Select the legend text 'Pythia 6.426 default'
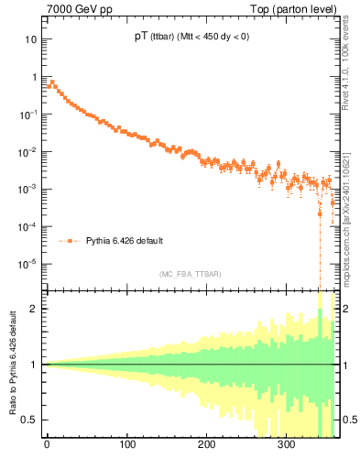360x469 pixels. pos(125,241)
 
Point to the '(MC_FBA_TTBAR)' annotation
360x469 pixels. pos(190,274)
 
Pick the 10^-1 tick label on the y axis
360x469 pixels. pos(28,115)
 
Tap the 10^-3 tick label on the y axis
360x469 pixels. pos(28,189)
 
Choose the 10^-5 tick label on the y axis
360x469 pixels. pos(28,264)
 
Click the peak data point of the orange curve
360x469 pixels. pos(51,82)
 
